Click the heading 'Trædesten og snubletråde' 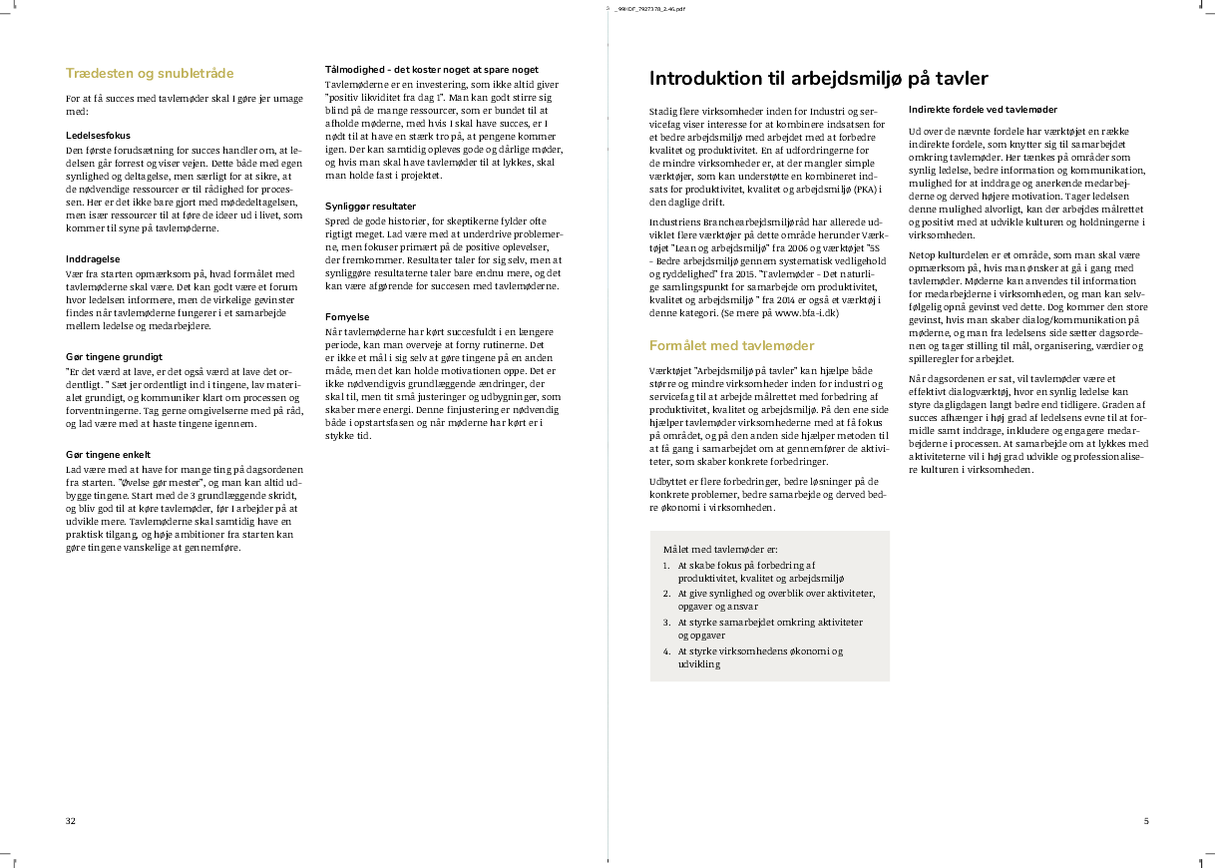pyautogui.click(x=150, y=73)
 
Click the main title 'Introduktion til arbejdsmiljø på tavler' pyautogui.click(x=818, y=79)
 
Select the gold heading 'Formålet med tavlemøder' pyautogui.click(x=731, y=345)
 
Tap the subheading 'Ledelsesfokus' pyautogui.click(x=98, y=135)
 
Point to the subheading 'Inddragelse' pyautogui.click(x=93, y=259)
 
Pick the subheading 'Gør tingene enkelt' pyautogui.click(x=108, y=454)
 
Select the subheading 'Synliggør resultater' pyautogui.click(x=371, y=206)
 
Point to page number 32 pyautogui.click(x=71, y=821)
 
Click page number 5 pyautogui.click(x=1146, y=821)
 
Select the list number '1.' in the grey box pyautogui.click(x=666, y=565)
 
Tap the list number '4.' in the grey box pyautogui.click(x=666, y=651)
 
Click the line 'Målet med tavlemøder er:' pyautogui.click(x=719, y=550)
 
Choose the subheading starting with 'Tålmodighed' pyautogui.click(x=432, y=70)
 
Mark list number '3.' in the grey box pyautogui.click(x=666, y=622)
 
